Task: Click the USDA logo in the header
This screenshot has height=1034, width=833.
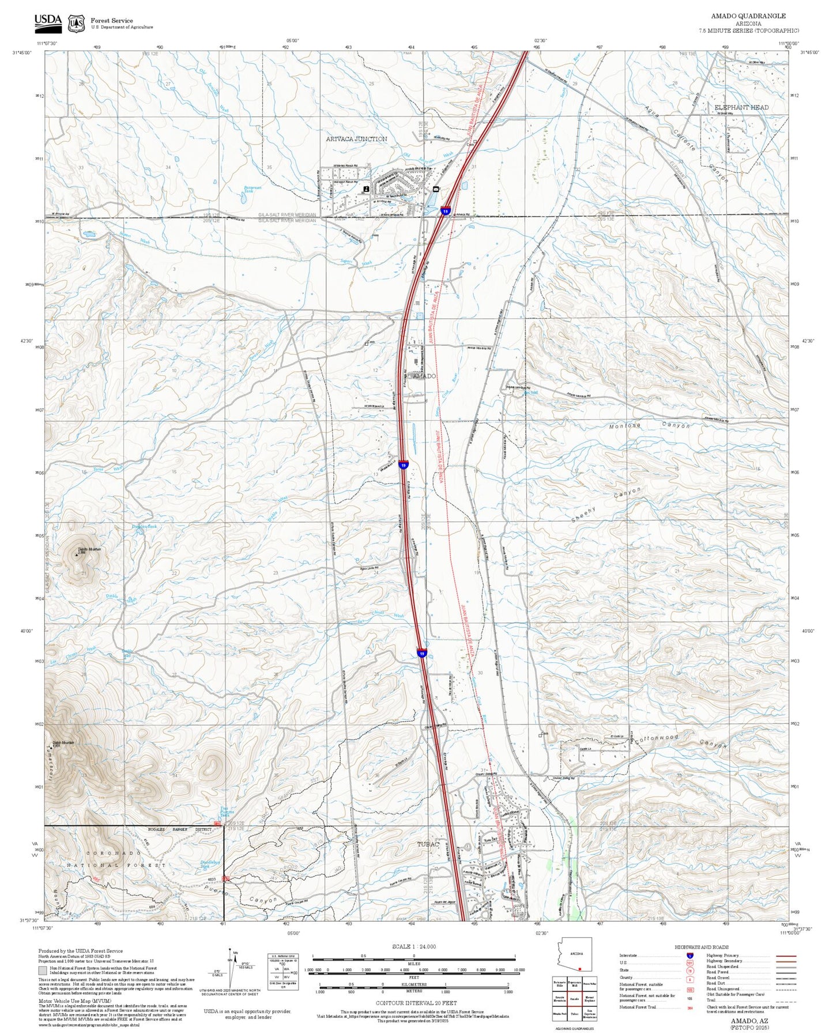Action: [x=48, y=21]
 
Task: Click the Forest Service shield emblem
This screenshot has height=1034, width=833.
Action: [x=76, y=24]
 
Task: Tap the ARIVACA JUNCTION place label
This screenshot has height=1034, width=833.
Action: [x=356, y=139]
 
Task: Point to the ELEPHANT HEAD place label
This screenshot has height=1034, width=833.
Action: [x=741, y=108]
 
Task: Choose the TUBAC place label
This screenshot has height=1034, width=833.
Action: [x=428, y=844]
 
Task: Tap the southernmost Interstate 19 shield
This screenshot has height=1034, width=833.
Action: [x=422, y=654]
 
